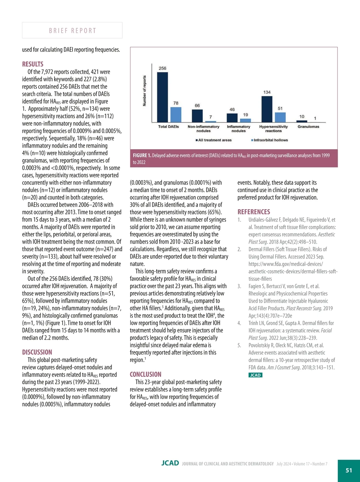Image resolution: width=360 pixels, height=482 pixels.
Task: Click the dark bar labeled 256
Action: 162,97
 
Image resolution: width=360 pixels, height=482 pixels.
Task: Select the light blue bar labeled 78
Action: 176,114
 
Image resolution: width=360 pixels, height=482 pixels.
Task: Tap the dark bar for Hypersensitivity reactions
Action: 267,109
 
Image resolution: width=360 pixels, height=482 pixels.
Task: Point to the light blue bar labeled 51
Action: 280,117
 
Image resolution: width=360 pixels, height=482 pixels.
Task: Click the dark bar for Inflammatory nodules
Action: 232,118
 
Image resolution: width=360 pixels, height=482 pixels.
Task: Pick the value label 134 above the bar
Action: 267,92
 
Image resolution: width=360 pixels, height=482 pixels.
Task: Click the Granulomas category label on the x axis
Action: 308,127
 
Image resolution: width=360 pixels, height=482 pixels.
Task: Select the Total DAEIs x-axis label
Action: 168,127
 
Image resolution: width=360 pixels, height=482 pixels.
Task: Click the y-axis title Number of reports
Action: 145,91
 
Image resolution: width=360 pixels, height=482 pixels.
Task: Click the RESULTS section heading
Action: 33,64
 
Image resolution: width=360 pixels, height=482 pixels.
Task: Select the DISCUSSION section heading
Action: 37,352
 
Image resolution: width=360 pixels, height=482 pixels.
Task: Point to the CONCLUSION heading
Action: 145,375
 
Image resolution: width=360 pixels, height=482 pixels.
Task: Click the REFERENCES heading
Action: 254,212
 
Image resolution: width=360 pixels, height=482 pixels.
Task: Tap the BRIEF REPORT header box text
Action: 72,31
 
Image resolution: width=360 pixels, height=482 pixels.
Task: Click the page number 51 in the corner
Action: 349,470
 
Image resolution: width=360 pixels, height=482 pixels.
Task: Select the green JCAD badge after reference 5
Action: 255,375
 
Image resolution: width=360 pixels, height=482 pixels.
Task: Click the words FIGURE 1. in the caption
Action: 142,155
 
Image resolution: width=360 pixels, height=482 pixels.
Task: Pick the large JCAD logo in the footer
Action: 170,463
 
